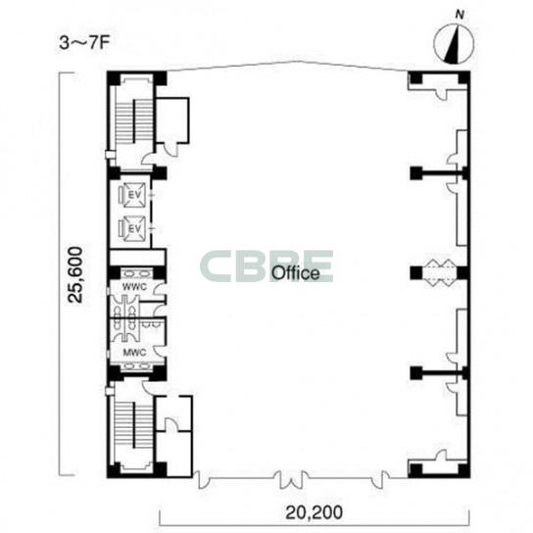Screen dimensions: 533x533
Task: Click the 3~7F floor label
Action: [x=84, y=43]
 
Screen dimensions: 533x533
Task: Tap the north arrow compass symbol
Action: [x=454, y=44]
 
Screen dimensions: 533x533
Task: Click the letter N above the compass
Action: [x=460, y=15]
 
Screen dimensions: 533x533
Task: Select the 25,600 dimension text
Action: [x=75, y=274]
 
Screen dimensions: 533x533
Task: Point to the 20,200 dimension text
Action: [x=315, y=512]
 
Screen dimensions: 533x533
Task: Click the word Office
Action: [x=296, y=273]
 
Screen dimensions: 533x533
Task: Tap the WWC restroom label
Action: [x=134, y=287]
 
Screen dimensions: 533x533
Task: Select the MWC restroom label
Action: [x=134, y=352]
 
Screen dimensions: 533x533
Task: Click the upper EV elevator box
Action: [x=135, y=195]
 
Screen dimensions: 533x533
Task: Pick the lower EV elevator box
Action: [x=135, y=228]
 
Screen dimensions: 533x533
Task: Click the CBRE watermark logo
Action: [x=266, y=266]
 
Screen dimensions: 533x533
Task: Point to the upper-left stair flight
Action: [x=134, y=121]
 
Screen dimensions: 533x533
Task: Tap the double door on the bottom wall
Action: [x=292, y=480]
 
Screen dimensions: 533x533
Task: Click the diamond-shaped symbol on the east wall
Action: [x=441, y=273]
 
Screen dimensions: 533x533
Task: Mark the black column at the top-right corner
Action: [x=464, y=78]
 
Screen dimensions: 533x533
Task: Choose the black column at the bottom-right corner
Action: [x=464, y=470]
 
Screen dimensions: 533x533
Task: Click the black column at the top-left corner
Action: [x=114, y=78]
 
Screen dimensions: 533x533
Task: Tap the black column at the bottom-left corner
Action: [x=114, y=470]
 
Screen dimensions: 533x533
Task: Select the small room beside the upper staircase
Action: [x=172, y=121]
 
